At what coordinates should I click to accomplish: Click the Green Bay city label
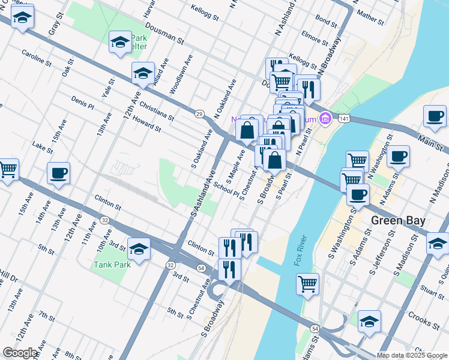pyautogui.click(x=398, y=220)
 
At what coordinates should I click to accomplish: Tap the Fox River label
pyautogui.click(x=300, y=252)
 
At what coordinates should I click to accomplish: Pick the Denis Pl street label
pyautogui.click(x=82, y=103)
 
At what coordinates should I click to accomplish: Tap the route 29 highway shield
pyautogui.click(x=199, y=113)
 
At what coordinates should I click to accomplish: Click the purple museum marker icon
pyautogui.click(x=325, y=118)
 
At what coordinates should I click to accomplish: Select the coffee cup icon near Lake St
pyautogui.click(x=58, y=173)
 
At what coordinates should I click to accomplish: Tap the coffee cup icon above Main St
pyautogui.click(x=435, y=116)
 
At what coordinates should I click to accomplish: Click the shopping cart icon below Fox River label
pyautogui.click(x=308, y=284)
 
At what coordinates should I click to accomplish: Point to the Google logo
pyautogui.click(x=20, y=353)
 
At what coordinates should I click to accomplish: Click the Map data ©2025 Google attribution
pyautogui.click(x=412, y=355)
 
